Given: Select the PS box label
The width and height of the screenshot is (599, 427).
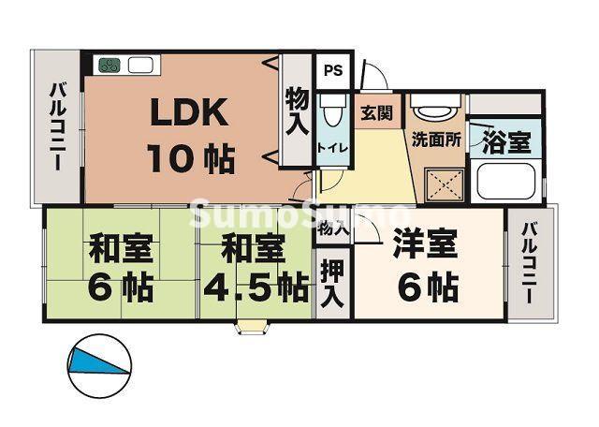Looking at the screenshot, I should [332, 69].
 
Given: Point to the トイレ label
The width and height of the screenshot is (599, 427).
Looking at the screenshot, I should [329, 147].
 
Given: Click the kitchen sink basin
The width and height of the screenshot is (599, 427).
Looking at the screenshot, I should [141, 66].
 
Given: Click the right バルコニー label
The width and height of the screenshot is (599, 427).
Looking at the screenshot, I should [530, 264].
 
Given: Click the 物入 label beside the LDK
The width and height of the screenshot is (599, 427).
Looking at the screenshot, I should [297, 111].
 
